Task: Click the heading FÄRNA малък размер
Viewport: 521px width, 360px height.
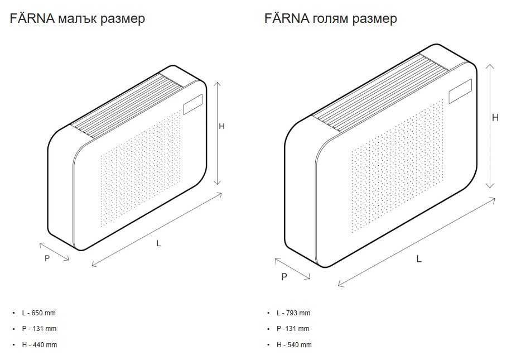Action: tap(78, 18)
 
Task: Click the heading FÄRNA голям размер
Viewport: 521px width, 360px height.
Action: tap(331, 18)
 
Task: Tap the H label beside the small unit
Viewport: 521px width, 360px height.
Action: tap(221, 126)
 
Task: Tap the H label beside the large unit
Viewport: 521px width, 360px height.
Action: tap(495, 117)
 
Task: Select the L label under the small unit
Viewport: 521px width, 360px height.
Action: tap(158, 243)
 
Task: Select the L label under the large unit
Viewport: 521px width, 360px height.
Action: tap(419, 258)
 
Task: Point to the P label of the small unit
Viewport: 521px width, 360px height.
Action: tap(47, 258)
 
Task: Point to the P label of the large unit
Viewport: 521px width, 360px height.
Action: tap(284, 276)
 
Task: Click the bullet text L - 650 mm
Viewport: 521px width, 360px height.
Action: tap(38, 313)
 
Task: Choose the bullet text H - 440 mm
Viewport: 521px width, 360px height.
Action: tap(39, 345)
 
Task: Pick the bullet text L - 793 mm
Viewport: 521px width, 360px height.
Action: tap(293, 313)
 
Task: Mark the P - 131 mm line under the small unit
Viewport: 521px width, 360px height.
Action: tap(39, 329)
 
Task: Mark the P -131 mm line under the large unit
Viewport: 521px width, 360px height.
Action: tap(293, 329)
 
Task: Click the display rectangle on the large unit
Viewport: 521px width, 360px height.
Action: tap(461, 90)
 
